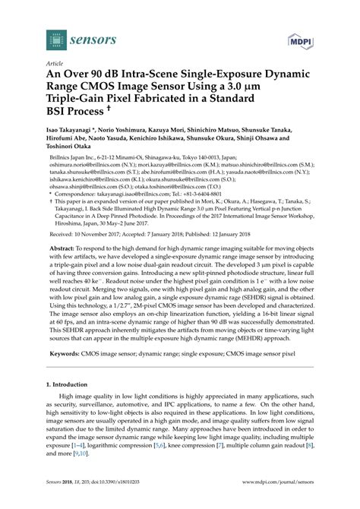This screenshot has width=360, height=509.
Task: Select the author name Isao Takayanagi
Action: pos(77,151)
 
